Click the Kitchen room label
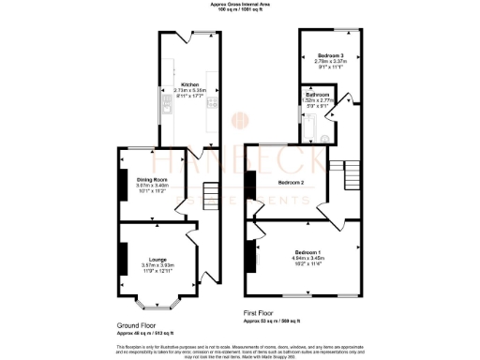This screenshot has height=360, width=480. click(189, 83)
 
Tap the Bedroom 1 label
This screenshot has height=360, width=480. click(307, 252)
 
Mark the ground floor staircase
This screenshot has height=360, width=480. click(212, 194)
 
